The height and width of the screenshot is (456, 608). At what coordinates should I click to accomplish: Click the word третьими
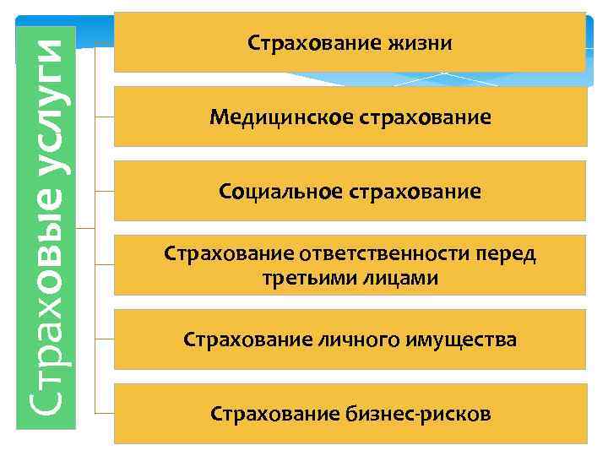[x=304, y=278]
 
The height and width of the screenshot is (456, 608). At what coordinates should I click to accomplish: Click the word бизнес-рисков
[x=418, y=415]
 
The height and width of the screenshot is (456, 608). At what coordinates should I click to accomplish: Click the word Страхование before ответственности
[x=226, y=254]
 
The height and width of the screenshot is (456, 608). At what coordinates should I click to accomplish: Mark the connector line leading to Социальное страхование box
[x=104, y=192]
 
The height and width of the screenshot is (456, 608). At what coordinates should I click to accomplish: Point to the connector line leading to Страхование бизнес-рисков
[x=104, y=414]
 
